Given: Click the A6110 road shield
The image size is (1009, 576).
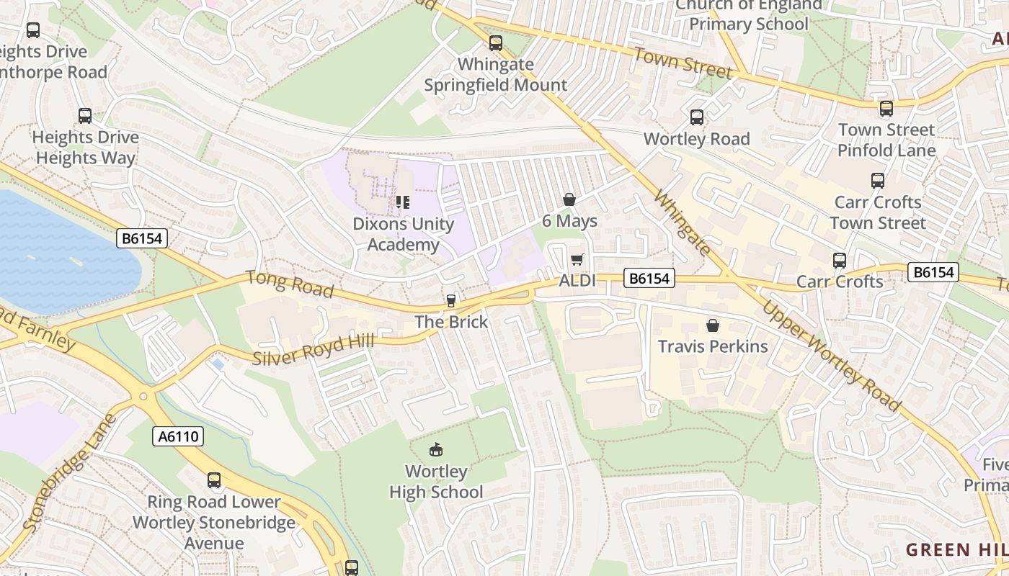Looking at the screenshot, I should tap(178, 436).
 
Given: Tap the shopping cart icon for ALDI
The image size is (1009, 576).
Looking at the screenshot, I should tap(576, 259).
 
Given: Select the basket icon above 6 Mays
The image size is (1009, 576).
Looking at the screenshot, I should tap(569, 199).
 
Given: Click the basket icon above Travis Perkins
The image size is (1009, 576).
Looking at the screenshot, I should tap(713, 325).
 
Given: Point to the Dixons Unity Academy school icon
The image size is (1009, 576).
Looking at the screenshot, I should tap(402, 202).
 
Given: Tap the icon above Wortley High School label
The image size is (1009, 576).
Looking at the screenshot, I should tap(435, 450).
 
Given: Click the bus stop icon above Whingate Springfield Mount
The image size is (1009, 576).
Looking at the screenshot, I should tap(495, 43).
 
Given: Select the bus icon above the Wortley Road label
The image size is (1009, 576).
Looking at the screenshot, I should tap(696, 117).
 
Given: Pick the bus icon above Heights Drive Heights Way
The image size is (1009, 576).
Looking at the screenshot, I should tap(85, 116).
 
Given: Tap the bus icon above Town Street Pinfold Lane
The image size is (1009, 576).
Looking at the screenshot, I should tap(886, 109).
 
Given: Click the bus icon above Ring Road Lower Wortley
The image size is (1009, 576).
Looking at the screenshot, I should tap(214, 480).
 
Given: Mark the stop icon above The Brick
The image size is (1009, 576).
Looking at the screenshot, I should tap(451, 300).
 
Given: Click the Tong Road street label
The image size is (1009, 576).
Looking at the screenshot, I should tap(289, 284).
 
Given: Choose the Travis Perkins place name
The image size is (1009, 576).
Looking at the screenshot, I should tap(713, 346).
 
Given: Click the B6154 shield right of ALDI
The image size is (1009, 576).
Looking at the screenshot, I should tap(649, 279).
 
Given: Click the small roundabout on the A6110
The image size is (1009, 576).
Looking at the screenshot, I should tap(143, 396).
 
